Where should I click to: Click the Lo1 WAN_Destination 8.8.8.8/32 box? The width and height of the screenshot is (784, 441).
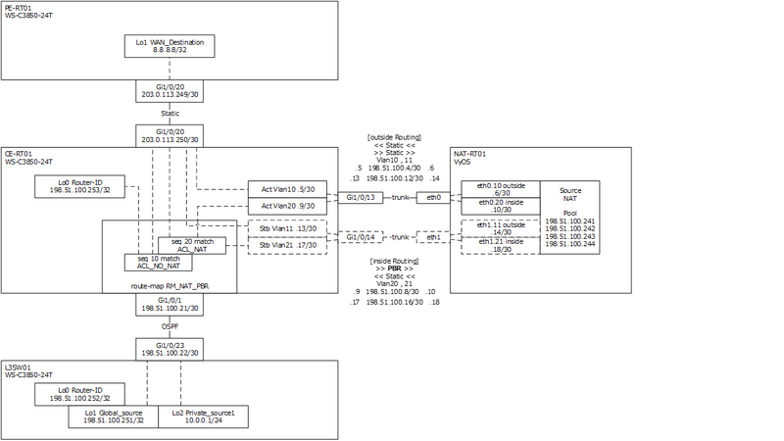[170, 46]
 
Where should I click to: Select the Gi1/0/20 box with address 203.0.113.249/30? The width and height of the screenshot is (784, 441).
[170, 91]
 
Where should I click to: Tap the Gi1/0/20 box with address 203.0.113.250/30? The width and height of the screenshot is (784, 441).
[170, 135]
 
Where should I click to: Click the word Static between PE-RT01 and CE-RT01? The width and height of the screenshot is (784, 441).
[170, 114]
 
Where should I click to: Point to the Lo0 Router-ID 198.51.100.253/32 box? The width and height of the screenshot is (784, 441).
[78, 185]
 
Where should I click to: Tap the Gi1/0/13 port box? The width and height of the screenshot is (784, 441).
[360, 197]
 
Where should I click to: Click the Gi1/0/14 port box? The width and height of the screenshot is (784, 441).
[360, 236]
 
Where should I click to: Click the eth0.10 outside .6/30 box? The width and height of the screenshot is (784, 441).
[501, 188]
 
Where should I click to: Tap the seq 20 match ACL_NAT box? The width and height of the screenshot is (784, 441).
[192, 245]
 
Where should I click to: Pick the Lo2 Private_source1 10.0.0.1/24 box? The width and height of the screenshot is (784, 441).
[203, 416]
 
